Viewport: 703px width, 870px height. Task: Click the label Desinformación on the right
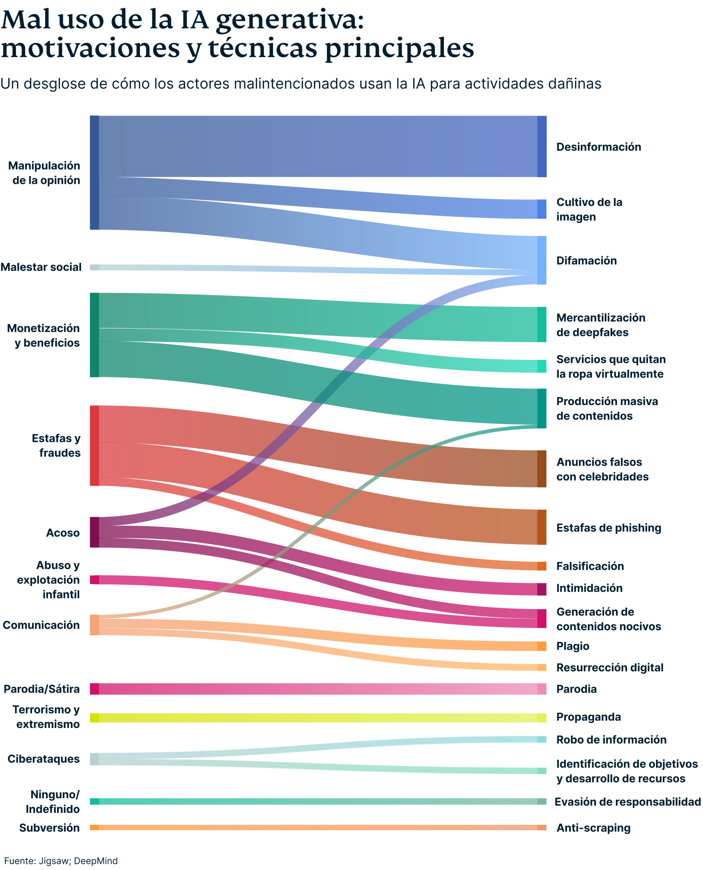[598, 147]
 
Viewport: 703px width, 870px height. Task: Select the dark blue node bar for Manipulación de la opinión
[94, 173]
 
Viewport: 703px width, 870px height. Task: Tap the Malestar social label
[41, 267]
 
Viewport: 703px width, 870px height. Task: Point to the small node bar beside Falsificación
[541, 566]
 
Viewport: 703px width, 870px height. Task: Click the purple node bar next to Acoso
[94, 532]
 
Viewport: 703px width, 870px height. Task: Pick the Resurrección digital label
[610, 667]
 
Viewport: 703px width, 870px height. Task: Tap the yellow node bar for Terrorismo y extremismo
[94, 718]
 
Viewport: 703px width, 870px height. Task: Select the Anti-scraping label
[593, 828]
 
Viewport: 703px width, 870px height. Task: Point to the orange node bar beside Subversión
[94, 827]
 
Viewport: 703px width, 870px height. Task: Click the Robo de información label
[611, 739]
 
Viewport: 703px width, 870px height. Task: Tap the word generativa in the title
[290, 20]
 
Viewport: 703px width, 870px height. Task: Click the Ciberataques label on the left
[43, 759]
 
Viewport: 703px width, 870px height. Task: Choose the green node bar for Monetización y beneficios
[94, 335]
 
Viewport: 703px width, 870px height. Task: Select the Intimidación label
[589, 588]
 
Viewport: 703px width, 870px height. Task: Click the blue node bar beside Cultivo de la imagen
[541, 209]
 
